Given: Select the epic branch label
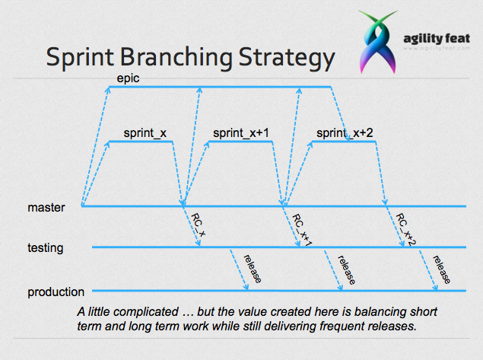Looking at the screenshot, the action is coord(128,78).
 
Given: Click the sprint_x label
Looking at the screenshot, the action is coord(145,133).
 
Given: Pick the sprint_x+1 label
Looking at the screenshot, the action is coord(241,133).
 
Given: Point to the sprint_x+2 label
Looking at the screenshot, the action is coord(345,133).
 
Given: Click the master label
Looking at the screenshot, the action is coord(46,208).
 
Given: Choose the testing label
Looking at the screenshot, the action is coord(46,248).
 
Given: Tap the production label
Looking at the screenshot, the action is coord(56,292).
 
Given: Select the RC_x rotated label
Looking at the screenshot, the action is coord(198,225).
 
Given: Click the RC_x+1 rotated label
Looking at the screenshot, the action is coord(302,230).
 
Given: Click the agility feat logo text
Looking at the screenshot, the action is coord(437,39).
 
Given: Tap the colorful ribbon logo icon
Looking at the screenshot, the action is coord(377,42).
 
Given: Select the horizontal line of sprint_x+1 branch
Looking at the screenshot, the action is coord(240,142).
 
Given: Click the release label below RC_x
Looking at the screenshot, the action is coord(253,269).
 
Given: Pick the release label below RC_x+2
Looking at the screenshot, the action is coord(441,269).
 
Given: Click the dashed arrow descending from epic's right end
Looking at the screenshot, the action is coord(340,114).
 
